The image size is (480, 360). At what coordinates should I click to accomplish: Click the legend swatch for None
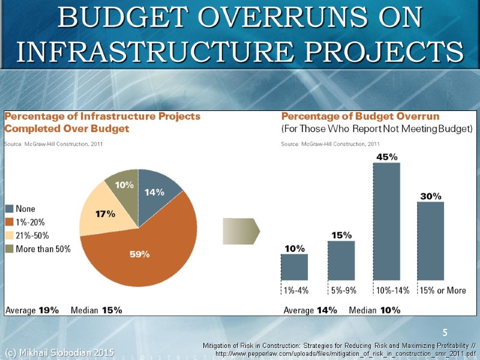tap(10, 209)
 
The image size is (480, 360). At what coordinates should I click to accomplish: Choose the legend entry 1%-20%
tap(34, 222)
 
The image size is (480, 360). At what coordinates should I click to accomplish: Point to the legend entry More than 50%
tap(42, 249)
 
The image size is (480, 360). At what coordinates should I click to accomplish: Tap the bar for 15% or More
tap(430, 240)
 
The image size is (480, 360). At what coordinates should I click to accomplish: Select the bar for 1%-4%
tap(294, 266)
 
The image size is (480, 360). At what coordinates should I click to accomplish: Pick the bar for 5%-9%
tap(341, 260)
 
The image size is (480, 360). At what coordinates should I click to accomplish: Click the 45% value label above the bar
tap(386, 157)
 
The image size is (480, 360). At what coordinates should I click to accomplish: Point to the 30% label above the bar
tap(430, 196)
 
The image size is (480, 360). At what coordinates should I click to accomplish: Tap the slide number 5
tap(445, 332)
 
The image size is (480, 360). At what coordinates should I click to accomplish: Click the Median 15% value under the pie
tap(97, 310)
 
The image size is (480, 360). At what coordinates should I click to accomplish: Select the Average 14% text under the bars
tap(310, 310)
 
